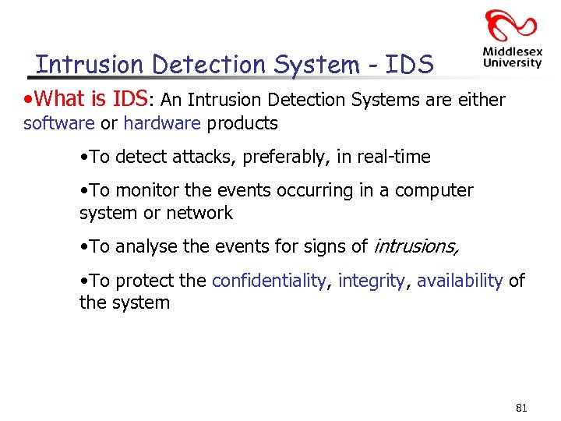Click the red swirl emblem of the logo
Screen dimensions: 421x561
click(511, 26)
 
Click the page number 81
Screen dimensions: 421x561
click(521, 408)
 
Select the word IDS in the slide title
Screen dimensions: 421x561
click(408, 65)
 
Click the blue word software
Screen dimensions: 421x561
click(59, 123)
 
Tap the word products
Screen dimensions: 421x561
click(242, 123)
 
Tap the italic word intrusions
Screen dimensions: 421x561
click(416, 246)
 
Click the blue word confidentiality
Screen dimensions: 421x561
click(270, 281)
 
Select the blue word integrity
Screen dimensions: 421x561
click(372, 281)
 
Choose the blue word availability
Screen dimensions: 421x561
click(460, 281)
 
